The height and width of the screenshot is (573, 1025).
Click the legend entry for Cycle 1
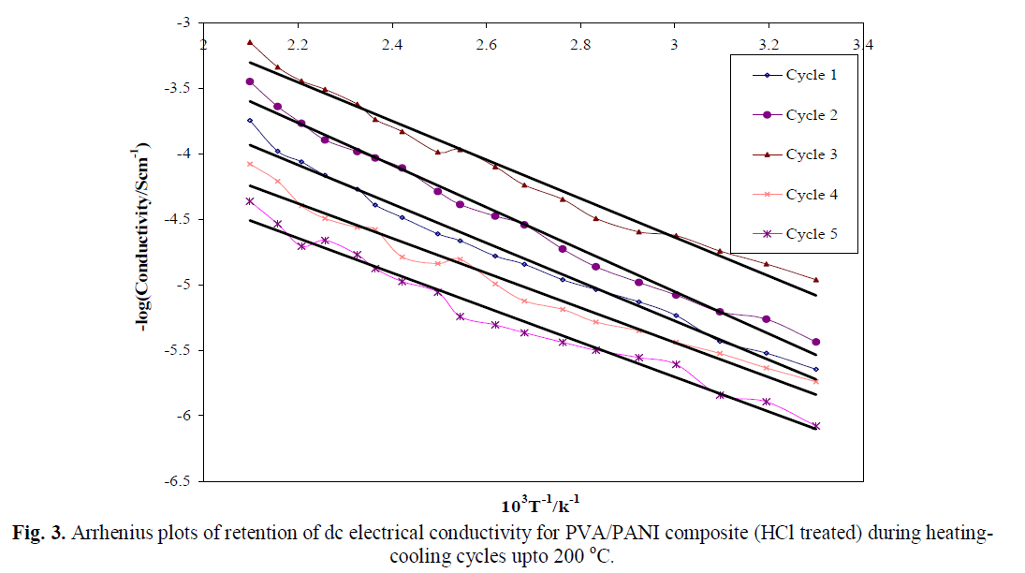(811, 76)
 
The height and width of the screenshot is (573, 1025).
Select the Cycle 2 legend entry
(811, 115)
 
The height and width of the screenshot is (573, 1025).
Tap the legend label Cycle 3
(811, 154)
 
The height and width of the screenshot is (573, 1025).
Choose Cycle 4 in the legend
(811, 195)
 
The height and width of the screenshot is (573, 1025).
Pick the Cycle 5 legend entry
(811, 234)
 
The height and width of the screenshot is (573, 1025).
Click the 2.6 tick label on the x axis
(487, 44)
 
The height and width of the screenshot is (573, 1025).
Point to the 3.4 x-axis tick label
(862, 44)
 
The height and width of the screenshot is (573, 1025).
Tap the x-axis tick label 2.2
(299, 44)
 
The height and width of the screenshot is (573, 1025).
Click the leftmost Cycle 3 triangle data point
(250, 42)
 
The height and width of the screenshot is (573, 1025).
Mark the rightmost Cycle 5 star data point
(815, 426)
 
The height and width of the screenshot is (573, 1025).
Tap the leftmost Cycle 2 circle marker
(250, 81)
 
